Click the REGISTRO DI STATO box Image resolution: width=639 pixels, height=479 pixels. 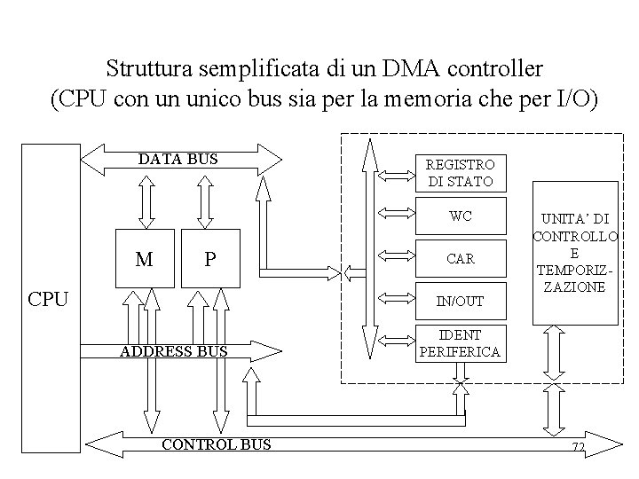pyautogui.click(x=461, y=173)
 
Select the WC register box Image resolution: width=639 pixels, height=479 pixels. pyautogui.click(x=461, y=216)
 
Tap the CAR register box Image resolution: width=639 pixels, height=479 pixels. pyautogui.click(x=461, y=259)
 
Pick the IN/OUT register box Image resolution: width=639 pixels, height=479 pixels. pyautogui.click(x=461, y=302)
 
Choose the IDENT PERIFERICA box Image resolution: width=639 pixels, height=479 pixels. pyautogui.click(x=461, y=343)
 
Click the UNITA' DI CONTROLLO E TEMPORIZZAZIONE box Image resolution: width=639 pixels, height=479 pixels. pyautogui.click(x=566, y=253)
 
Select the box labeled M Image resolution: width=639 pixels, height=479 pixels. pyautogui.click(x=144, y=259)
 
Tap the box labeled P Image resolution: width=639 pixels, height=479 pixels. pyautogui.click(x=209, y=259)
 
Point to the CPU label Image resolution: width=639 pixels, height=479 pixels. pyautogui.click(x=48, y=298)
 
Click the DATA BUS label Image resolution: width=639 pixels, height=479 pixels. pyautogui.click(x=177, y=160)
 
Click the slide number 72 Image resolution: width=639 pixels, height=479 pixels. pyautogui.click(x=578, y=448)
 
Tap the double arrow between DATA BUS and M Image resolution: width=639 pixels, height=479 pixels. pyautogui.click(x=144, y=202)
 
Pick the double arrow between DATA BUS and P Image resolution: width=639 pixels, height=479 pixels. pyautogui.click(x=205, y=202)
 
